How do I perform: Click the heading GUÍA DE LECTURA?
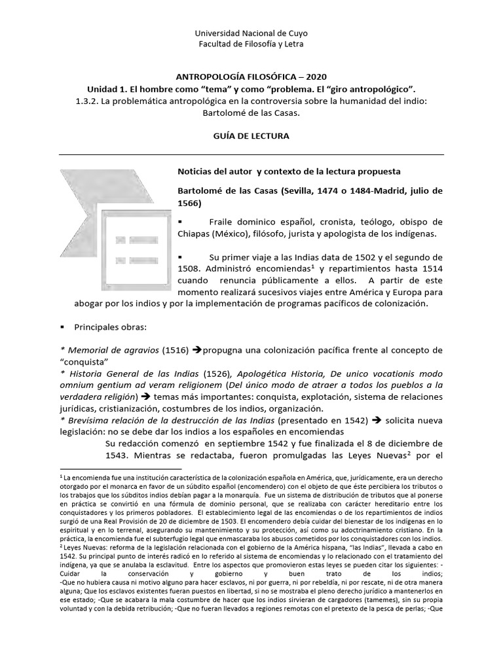coord(251,135)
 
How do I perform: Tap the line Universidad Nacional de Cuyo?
coord(251,33)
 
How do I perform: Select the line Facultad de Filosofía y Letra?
coord(251,44)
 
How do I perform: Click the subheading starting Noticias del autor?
coord(289,171)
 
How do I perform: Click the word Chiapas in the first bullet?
coord(196,234)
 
